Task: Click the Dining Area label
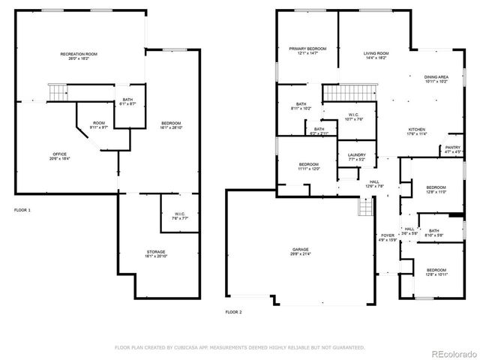(x=436, y=79)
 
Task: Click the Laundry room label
(x=355, y=157)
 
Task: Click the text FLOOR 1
(x=22, y=210)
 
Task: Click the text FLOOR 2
(x=234, y=310)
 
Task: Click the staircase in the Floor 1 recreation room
(x=58, y=93)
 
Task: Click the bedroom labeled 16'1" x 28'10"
(x=171, y=125)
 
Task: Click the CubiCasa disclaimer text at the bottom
(x=239, y=347)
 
